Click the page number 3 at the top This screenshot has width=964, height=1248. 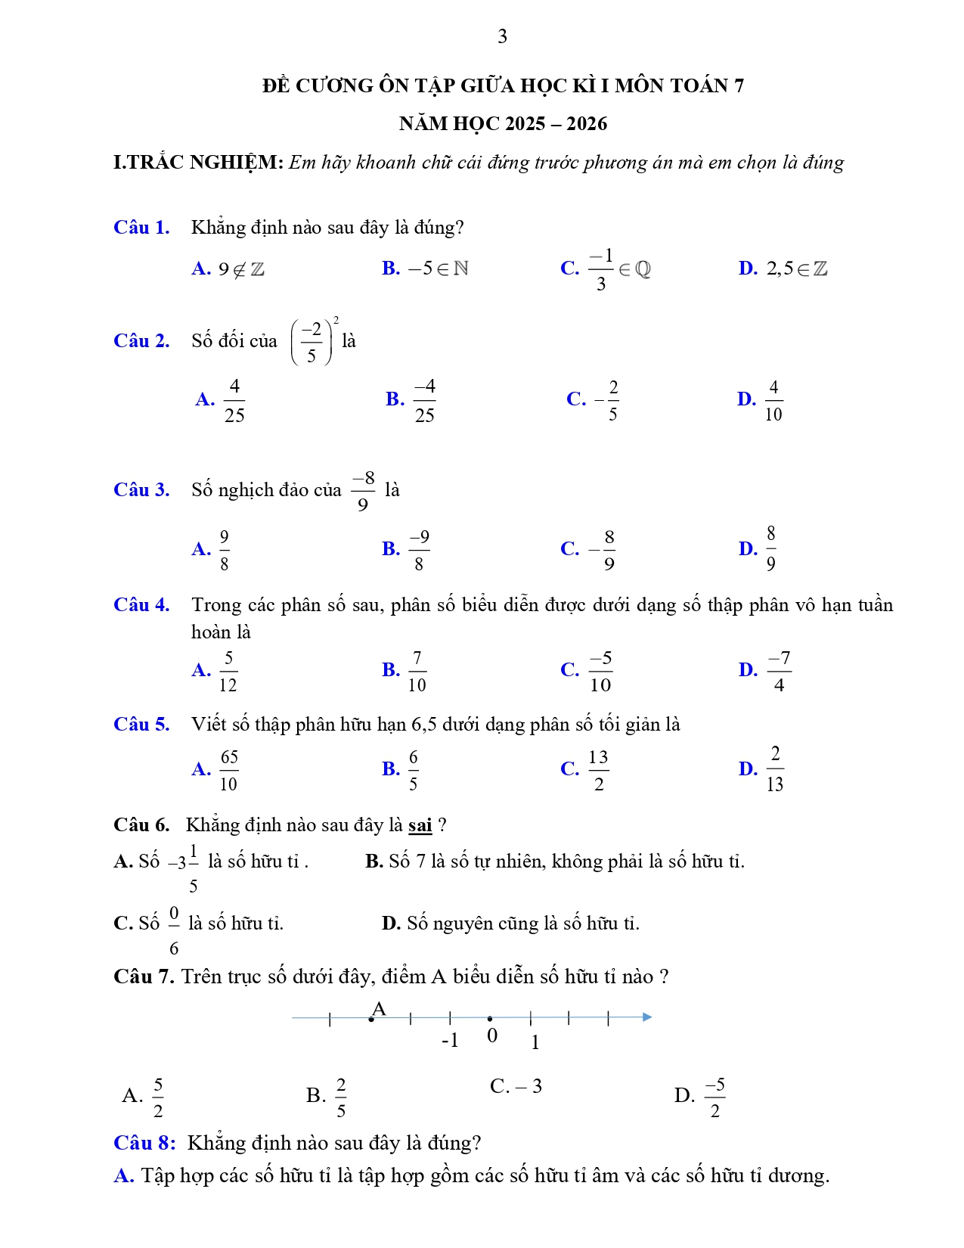(502, 36)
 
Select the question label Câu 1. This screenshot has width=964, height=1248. (141, 228)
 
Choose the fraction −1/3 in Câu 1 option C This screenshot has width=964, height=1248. (601, 269)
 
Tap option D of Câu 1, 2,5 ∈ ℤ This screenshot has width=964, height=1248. (796, 269)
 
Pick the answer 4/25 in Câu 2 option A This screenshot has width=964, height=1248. (234, 400)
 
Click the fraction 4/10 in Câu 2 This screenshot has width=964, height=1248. (773, 400)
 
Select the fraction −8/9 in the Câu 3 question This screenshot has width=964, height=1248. (363, 491)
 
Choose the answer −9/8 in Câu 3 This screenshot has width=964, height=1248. (419, 550)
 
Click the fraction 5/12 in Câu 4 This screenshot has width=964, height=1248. (228, 672)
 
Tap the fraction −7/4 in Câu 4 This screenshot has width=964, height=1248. (779, 672)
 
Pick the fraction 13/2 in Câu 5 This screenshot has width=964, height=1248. (598, 771)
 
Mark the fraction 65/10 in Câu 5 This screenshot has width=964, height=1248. (228, 771)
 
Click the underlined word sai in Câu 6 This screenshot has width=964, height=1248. (420, 825)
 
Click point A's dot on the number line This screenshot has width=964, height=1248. (370, 1020)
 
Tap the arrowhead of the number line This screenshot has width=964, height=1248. (647, 1017)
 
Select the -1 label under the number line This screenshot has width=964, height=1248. (450, 1041)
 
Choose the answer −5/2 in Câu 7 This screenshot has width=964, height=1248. (714, 1097)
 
